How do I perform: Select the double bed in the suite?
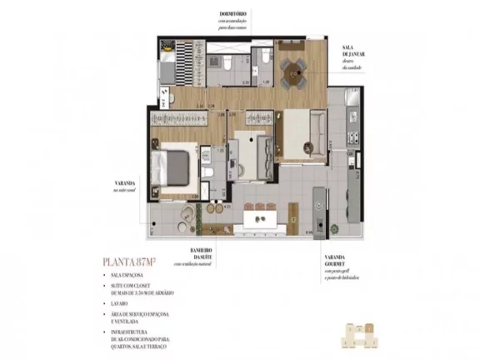[178, 166]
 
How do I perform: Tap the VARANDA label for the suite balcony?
[125, 184]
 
